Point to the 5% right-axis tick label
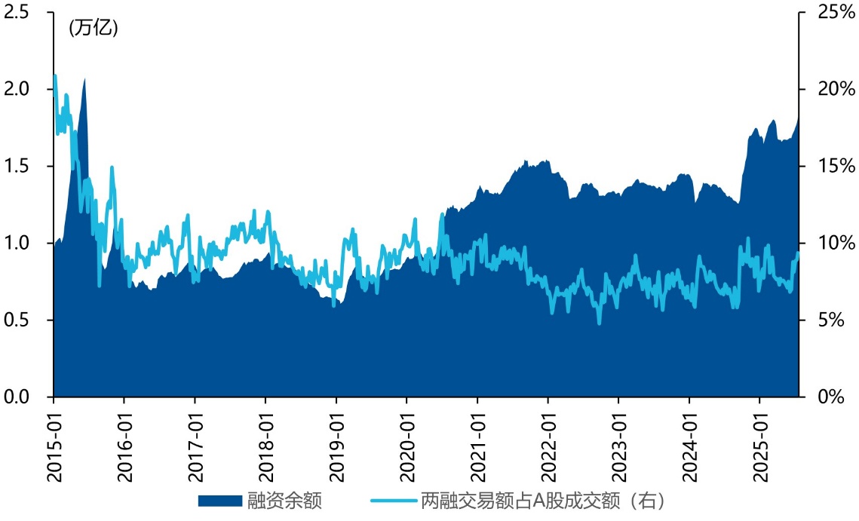(832, 320)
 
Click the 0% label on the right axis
(832, 397)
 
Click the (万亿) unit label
(94, 29)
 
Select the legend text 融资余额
(284, 501)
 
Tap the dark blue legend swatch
(220, 501)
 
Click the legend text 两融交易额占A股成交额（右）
(543, 501)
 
